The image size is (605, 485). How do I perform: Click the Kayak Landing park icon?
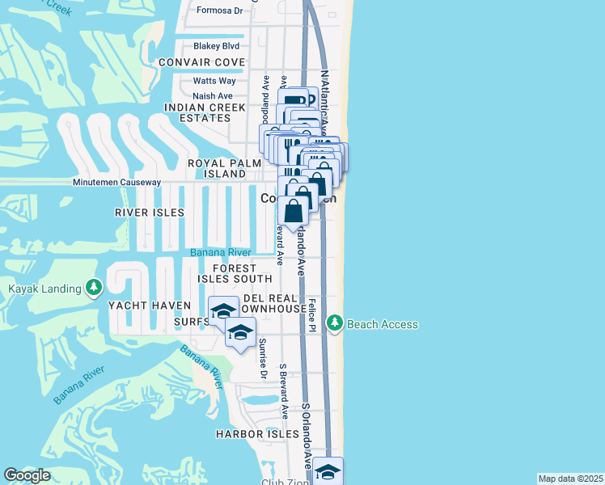coord(95,289)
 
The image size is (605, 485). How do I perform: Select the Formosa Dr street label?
coord(220,11)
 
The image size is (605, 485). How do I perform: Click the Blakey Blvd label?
coord(216,46)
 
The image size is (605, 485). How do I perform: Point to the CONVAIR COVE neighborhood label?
coord(201,62)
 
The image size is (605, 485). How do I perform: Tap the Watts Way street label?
coord(214,81)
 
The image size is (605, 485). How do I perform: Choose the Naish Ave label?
coord(213,96)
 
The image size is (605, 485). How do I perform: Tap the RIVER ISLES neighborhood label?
coord(150,213)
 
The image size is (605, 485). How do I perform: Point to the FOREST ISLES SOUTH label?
coord(234,273)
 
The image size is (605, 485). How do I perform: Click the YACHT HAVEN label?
coord(150,306)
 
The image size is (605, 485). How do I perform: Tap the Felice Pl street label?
coord(311,315)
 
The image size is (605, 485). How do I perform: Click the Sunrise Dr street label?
coord(263,358)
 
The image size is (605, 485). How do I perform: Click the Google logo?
coord(27,475)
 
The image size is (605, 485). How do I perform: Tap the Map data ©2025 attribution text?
coord(570,479)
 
